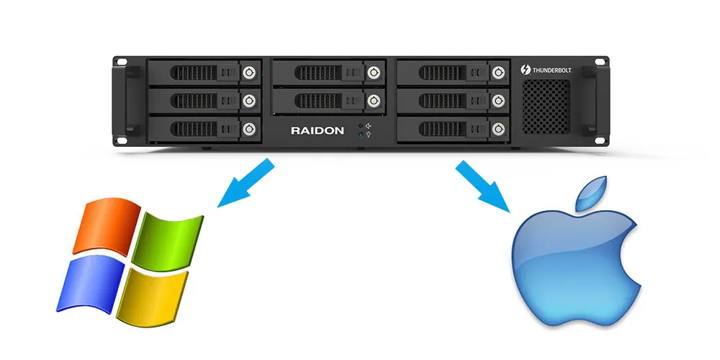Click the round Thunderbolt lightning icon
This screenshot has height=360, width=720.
click(526, 70)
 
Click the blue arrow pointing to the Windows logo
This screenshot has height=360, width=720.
click(246, 184)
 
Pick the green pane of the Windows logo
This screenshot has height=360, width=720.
click(170, 238)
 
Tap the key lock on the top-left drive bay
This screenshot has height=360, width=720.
click(249, 71)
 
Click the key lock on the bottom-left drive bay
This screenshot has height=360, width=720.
click(249, 129)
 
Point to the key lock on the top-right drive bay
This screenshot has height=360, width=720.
click(498, 71)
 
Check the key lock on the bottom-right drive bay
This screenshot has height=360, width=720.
click(498, 129)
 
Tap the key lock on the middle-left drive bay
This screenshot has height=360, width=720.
click(249, 99)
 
